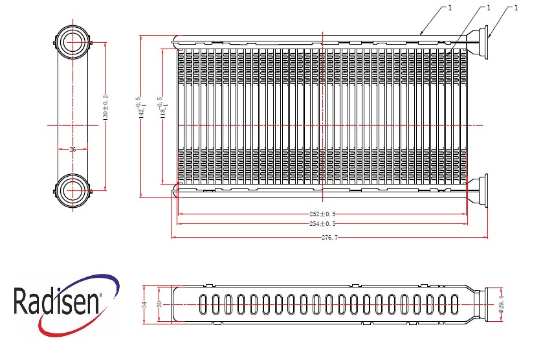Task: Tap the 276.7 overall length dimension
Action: [x=329, y=238]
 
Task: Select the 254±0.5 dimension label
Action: [x=322, y=224]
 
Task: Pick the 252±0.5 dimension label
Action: [x=322, y=214]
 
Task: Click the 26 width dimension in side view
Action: [x=72, y=149]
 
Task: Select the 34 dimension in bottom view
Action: [x=144, y=304]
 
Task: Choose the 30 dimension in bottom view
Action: [x=159, y=304]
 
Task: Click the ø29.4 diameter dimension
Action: [x=501, y=304]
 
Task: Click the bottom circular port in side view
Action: [x=72, y=190]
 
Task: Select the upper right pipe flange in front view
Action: [x=478, y=43]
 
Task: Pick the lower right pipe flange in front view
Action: [x=478, y=191]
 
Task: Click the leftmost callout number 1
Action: [x=450, y=8]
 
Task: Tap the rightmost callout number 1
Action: [x=516, y=8]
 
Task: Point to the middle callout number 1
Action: [x=489, y=8]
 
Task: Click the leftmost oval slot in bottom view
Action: [x=203, y=304]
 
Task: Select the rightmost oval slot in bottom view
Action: [x=455, y=304]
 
